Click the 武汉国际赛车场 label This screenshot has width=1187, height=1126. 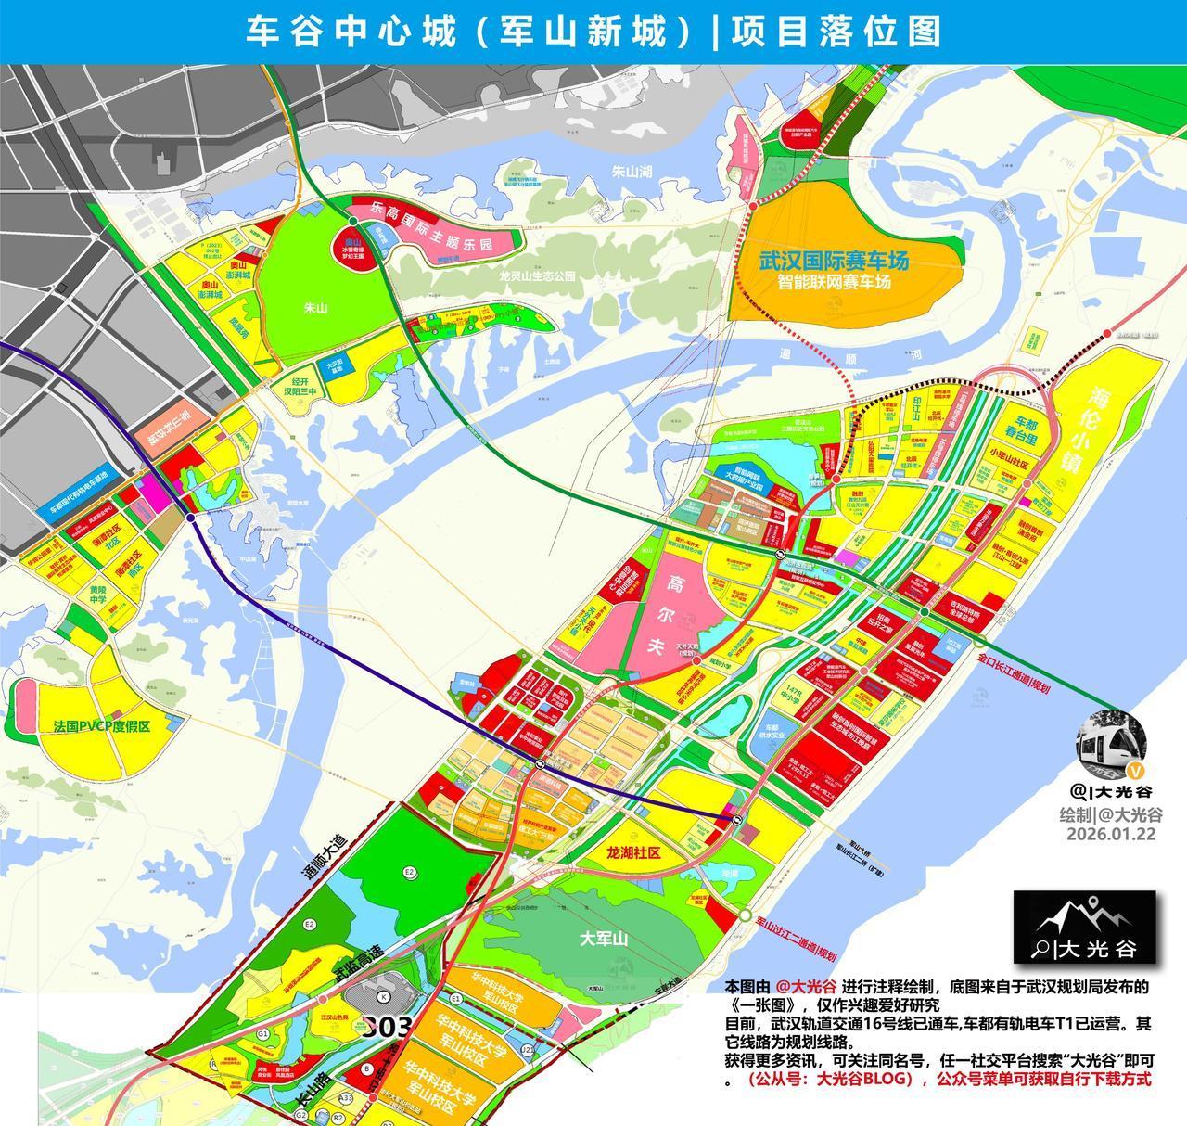pos(834,261)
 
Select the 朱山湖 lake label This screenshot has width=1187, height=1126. pos(633,172)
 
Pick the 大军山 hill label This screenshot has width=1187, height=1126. pos(604,939)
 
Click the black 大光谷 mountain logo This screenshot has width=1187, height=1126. pos(1084,928)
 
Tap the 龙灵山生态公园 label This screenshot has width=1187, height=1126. pos(537,276)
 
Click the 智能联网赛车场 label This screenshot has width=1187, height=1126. pos(834,282)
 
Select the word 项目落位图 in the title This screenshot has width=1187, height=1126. pos(836,32)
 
